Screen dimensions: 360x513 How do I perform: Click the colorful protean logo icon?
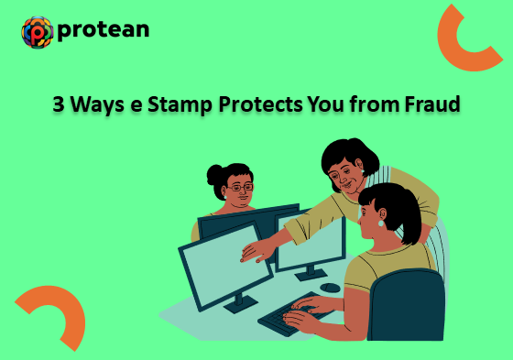[x=37, y=32]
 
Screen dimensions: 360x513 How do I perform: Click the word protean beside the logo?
[x=103, y=31]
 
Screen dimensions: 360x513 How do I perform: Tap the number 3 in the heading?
[x=58, y=105]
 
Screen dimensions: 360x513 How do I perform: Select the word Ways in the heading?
[x=96, y=105]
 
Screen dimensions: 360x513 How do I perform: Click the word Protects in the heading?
[x=263, y=105]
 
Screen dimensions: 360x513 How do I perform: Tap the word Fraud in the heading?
[x=431, y=105]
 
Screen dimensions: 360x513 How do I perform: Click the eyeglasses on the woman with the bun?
[x=239, y=188]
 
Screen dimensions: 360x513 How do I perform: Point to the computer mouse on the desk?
[x=330, y=288]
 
